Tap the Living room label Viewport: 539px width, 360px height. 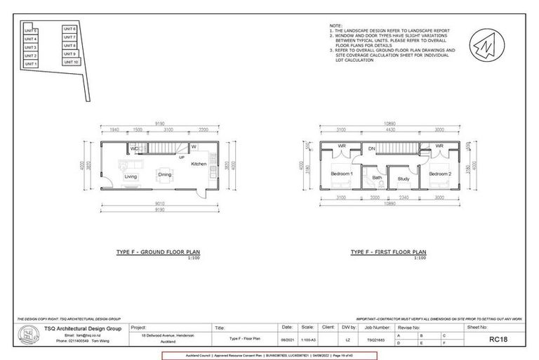coord(131,176)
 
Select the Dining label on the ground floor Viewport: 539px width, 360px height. coord(164,174)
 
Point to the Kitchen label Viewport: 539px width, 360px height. coord(199,163)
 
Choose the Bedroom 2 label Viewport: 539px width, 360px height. coord(441,173)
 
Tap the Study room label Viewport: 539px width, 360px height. coord(403,179)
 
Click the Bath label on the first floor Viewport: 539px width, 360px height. coord(377,177)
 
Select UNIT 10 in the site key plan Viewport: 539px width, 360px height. coord(70,62)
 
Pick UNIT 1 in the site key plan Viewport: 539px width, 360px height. coord(30,64)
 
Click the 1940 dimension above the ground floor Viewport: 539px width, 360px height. coord(115,130)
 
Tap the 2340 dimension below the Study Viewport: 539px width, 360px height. coord(403,199)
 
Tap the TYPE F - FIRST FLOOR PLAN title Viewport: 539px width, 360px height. coord(387,251)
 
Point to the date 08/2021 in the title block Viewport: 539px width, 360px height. coord(287,339)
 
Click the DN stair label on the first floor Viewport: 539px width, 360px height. coord(372,148)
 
